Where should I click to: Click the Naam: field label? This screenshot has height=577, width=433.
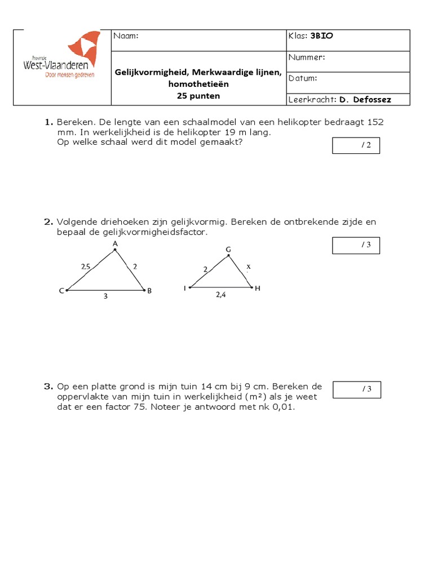(126, 36)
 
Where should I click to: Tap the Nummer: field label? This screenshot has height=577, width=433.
(307, 57)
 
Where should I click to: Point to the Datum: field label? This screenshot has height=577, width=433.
(303, 78)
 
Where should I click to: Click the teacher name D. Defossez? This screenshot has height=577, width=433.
(365, 100)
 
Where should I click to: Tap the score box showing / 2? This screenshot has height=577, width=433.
(356, 146)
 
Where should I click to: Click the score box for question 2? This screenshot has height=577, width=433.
(356, 245)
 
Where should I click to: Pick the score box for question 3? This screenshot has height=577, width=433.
(356, 389)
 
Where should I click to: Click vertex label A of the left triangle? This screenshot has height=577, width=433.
(115, 243)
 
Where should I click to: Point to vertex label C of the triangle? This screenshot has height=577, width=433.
(61, 291)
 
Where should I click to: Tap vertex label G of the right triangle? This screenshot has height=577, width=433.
(228, 249)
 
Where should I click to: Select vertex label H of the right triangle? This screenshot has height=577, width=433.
(258, 288)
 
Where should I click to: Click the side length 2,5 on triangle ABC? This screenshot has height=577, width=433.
(85, 267)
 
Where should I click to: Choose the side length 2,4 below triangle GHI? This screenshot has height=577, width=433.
(220, 294)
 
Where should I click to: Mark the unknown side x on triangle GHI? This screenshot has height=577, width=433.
(248, 267)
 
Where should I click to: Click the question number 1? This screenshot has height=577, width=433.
(48, 122)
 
